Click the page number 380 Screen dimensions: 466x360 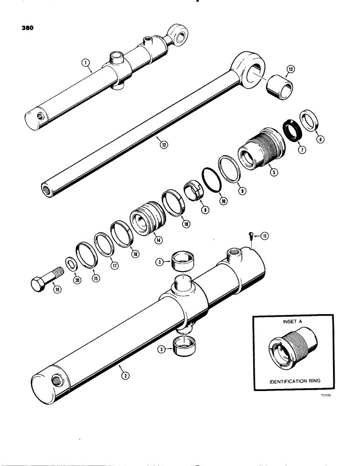[27, 27]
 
